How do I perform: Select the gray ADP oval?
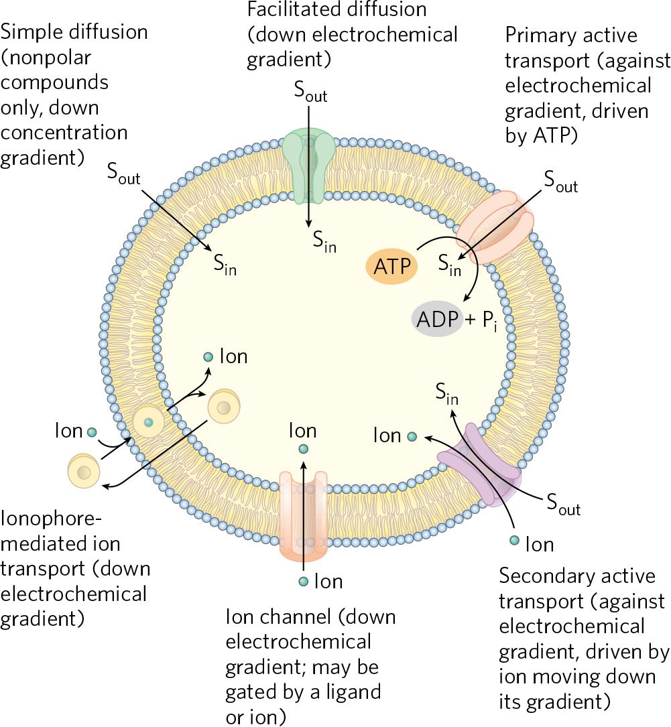click(437, 319)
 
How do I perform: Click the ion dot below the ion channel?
click(304, 581)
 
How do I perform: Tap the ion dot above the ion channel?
click(304, 449)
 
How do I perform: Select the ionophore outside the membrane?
click(84, 472)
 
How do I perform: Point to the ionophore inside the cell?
click(224, 407)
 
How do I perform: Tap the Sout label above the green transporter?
click(310, 93)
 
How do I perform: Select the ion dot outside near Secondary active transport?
click(514, 540)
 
